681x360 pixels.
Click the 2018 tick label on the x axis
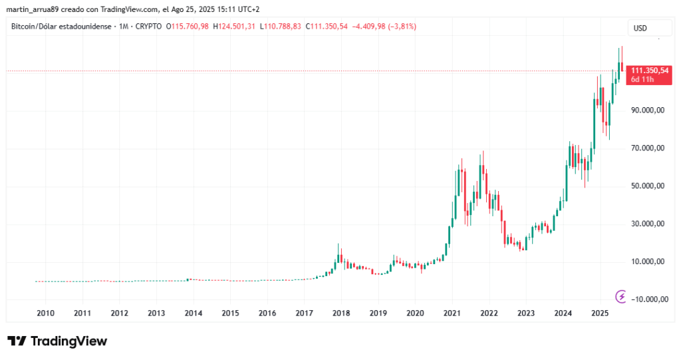(x=341, y=313)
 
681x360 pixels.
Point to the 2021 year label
(x=452, y=313)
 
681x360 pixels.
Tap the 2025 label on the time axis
(x=600, y=313)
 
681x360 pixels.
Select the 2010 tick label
(x=45, y=313)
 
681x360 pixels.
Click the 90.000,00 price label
(x=648, y=110)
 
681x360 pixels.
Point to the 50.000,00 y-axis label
(x=648, y=186)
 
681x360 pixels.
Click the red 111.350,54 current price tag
(x=650, y=70)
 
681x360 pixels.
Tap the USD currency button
(x=640, y=29)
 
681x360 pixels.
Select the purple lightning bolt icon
(x=622, y=296)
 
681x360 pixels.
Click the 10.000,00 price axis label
(x=648, y=262)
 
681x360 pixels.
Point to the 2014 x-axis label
(x=193, y=313)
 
